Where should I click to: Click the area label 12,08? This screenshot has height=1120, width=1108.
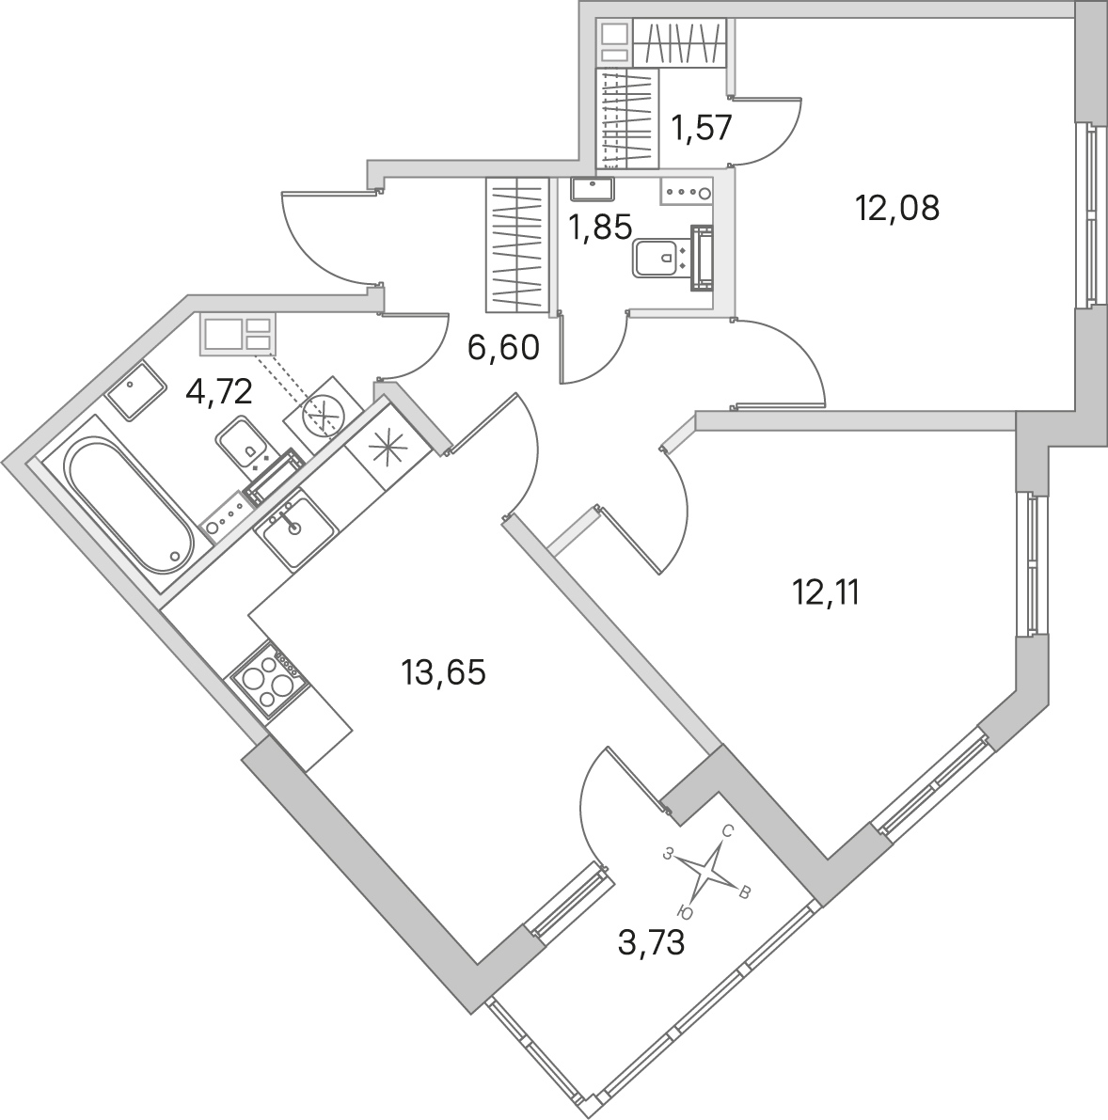(897, 208)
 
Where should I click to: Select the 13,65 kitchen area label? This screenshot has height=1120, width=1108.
(444, 672)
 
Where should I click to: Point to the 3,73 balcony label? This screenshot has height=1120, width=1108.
(651, 943)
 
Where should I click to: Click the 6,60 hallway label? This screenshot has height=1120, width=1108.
(502, 348)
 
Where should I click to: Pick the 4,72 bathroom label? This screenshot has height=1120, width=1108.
(218, 392)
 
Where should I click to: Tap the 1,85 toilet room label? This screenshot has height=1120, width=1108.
(600, 228)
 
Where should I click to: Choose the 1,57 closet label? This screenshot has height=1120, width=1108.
(701, 129)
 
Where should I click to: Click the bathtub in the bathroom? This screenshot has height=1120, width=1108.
(129, 507)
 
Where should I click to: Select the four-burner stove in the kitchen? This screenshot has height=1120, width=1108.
(269, 680)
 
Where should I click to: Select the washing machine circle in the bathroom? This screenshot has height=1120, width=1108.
(323, 416)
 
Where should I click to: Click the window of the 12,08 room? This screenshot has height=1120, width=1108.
(1090, 215)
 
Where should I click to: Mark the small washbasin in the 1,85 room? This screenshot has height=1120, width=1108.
(594, 189)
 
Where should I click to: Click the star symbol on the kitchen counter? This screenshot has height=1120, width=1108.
(388, 449)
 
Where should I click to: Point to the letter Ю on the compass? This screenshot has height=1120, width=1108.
(685, 912)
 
